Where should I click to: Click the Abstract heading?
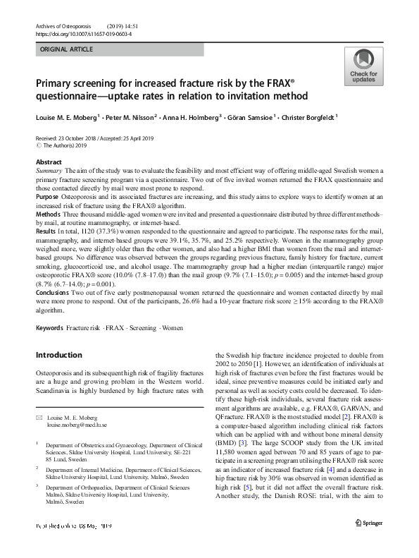click(48, 162)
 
